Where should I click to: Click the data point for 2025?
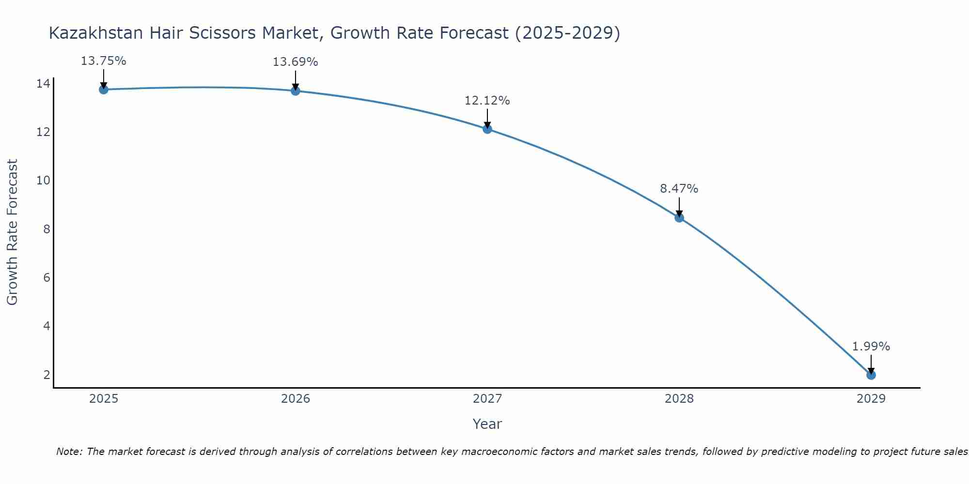(103, 90)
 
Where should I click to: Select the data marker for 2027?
(487, 129)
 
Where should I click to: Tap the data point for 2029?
(871, 375)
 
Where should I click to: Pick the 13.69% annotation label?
(295, 62)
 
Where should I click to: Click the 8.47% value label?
(679, 189)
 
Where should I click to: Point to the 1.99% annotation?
(871, 347)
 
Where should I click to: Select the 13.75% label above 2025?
(103, 61)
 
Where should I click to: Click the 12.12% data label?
(487, 101)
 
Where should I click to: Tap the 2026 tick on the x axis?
(295, 399)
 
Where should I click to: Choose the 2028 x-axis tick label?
(679, 399)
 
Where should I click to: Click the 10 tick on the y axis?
(43, 181)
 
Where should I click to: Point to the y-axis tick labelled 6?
(47, 278)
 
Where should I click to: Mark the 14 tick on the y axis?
(43, 84)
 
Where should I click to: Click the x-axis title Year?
(487, 424)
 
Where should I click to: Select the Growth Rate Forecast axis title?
(13, 232)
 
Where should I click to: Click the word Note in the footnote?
(69, 452)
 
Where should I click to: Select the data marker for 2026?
(295, 91)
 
